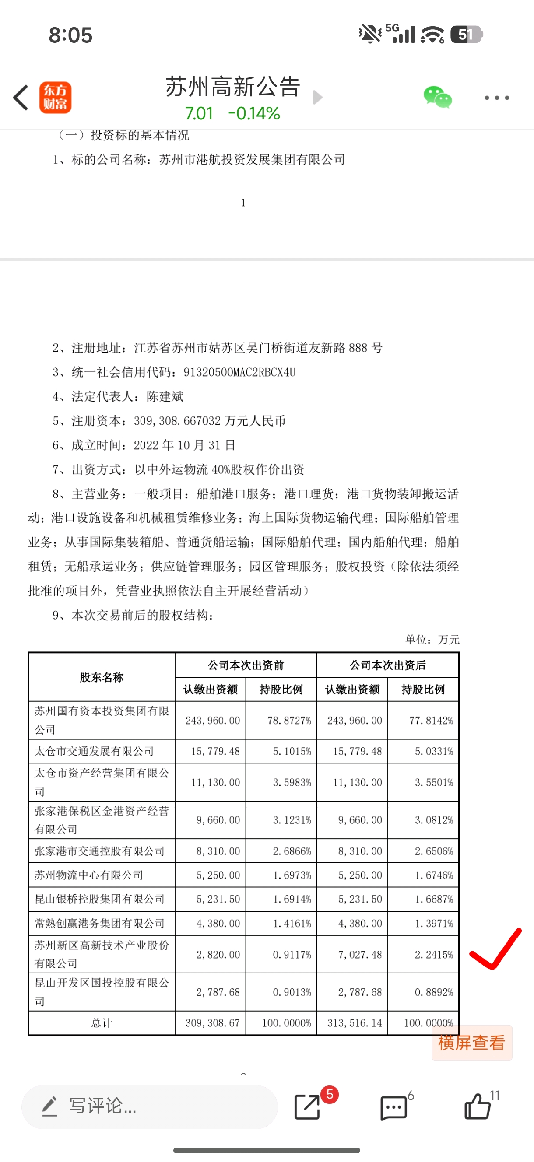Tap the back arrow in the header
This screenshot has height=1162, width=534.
tap(21, 98)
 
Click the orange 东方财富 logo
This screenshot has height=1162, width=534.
tap(55, 98)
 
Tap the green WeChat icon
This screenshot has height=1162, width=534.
tap(437, 97)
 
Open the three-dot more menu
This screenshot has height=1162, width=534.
tap(496, 98)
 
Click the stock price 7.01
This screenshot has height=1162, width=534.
tap(199, 113)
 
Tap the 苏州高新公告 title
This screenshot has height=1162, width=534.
tap(232, 87)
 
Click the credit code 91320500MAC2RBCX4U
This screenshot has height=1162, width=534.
tap(239, 372)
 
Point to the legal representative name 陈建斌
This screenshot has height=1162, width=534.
tap(165, 396)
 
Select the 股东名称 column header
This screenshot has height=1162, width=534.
tap(102, 677)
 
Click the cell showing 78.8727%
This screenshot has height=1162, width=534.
tap(289, 721)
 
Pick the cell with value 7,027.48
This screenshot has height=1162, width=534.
tap(360, 955)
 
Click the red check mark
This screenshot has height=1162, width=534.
tap(495, 949)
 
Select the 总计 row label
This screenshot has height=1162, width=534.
tap(102, 1022)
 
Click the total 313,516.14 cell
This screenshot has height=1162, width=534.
tap(355, 1022)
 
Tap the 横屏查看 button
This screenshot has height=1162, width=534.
tap(471, 1043)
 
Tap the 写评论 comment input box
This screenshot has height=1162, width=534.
tap(149, 1106)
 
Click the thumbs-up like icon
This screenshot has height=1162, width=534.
tap(478, 1106)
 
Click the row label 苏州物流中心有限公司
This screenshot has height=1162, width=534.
tap(89, 875)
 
